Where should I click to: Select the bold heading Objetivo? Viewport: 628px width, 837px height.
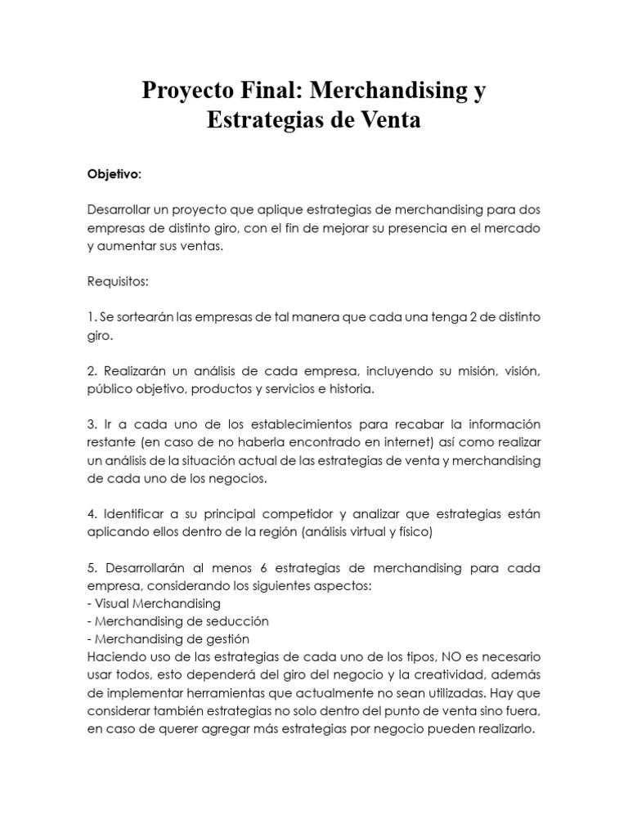tap(114, 174)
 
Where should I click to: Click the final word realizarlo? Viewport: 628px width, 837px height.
tap(505, 727)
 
